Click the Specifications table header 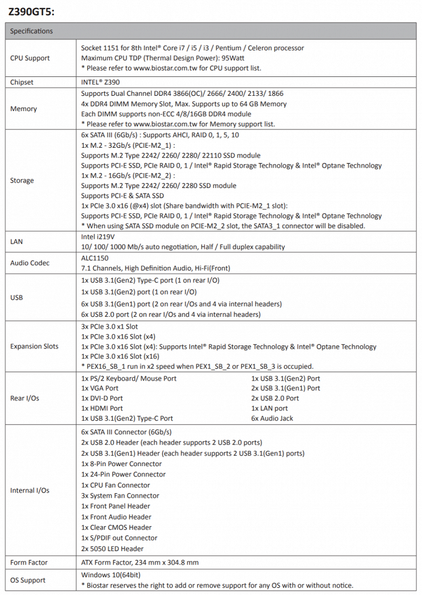click(31, 31)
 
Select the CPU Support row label click(30, 58)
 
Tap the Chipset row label click(22, 82)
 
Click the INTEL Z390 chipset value click(100, 82)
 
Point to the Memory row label click(23, 109)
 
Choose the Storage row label click(22, 180)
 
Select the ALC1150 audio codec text click(95, 258)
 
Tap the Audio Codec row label click(30, 263)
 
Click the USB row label click(17, 297)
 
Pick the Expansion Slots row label click(34, 346)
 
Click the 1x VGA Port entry click(100, 388)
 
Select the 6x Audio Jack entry click(272, 418)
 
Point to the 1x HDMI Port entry click(102, 408)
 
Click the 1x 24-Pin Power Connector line click(123, 474)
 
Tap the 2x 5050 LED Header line click(113, 548)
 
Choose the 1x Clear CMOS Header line click(116, 527)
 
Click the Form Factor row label click(28, 563)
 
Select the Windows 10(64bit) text click(111, 575)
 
